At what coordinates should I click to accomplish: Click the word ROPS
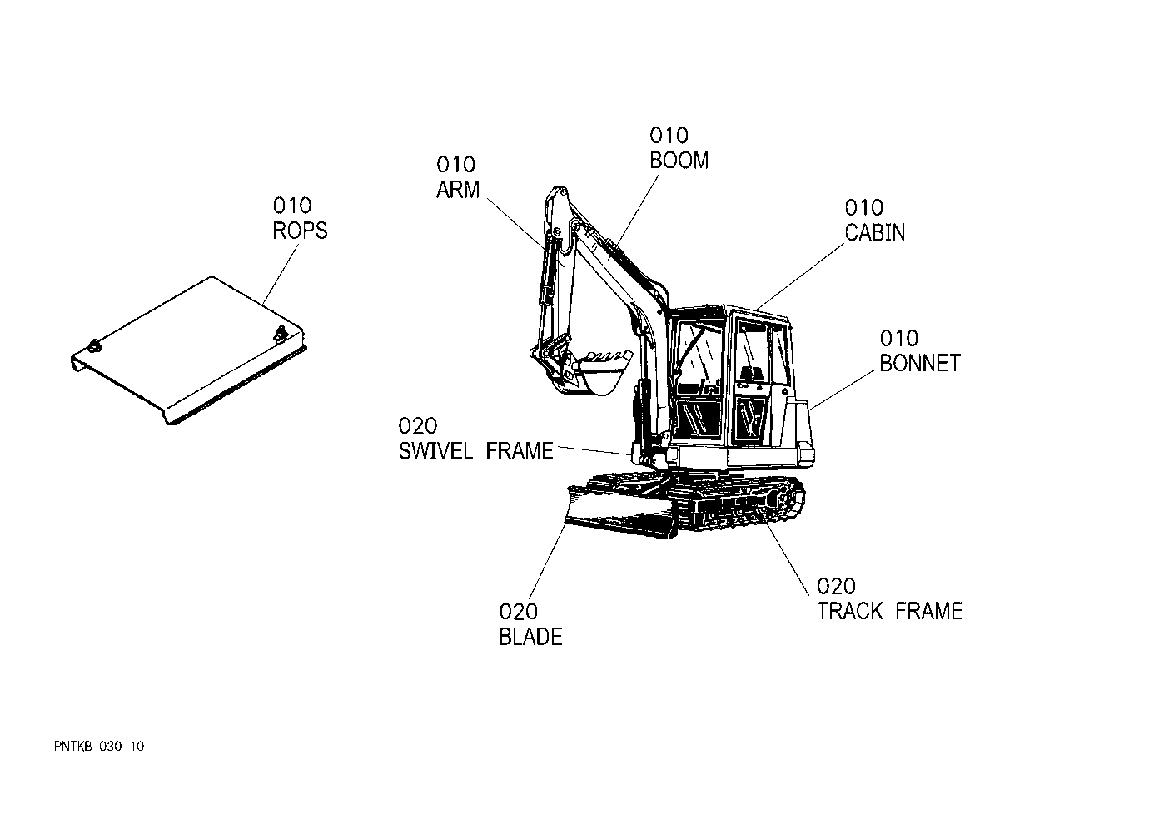coord(300,231)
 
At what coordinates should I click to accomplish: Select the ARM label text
coord(458,190)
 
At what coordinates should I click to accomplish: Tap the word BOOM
coord(679,161)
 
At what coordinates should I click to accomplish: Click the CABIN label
coord(875,232)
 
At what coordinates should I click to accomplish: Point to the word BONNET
coord(920,363)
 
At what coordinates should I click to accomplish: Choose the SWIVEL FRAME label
coord(476,451)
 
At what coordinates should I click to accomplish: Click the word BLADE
coord(531,637)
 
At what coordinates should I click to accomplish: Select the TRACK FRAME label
coord(890,611)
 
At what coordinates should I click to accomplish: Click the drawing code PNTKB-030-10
coord(99,747)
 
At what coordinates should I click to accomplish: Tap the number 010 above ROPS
coord(292,206)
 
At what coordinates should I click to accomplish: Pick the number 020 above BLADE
coord(519,612)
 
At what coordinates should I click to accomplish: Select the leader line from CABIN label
coord(799,276)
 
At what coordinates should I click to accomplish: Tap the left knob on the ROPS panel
coord(94,345)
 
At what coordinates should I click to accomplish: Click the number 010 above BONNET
coord(899,339)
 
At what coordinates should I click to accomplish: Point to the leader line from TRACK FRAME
coord(788,558)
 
